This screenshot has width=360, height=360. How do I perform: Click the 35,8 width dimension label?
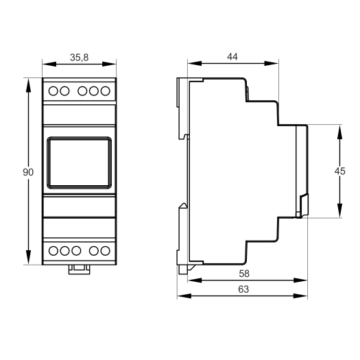tap(80, 58)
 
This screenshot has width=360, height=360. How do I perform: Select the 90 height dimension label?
tap(28, 172)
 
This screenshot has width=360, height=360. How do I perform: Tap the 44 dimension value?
tap(232, 56)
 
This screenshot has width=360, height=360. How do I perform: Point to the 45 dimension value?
tap(340, 171)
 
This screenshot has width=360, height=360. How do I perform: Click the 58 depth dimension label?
tap(244, 274)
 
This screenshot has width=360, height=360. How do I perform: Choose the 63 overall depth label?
tap(243, 289)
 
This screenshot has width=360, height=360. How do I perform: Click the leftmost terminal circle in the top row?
tap(53, 91)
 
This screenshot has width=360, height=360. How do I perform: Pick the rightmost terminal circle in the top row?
tap(106, 91)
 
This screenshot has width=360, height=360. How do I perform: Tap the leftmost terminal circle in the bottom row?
tap(53, 251)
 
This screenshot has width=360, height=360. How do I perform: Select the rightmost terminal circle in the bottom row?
tap(106, 251)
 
